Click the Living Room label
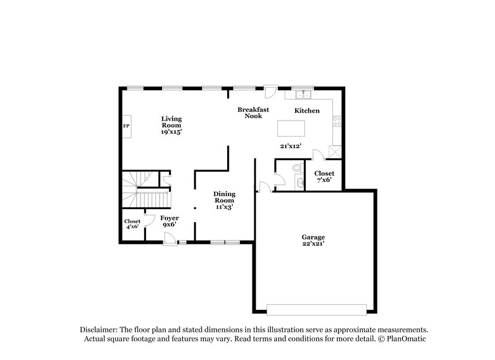click(171, 125)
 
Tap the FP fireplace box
click(126, 126)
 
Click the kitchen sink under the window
click(303, 95)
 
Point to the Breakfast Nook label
click(253, 113)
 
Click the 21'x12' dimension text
click(290, 146)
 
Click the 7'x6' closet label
click(324, 177)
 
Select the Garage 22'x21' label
click(313, 241)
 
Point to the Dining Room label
click(224, 200)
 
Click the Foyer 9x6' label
click(170, 221)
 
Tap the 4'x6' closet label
click(132, 224)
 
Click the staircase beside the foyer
click(146, 192)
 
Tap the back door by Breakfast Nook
click(270, 92)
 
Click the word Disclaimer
click(101, 330)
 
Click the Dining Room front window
click(225, 242)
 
